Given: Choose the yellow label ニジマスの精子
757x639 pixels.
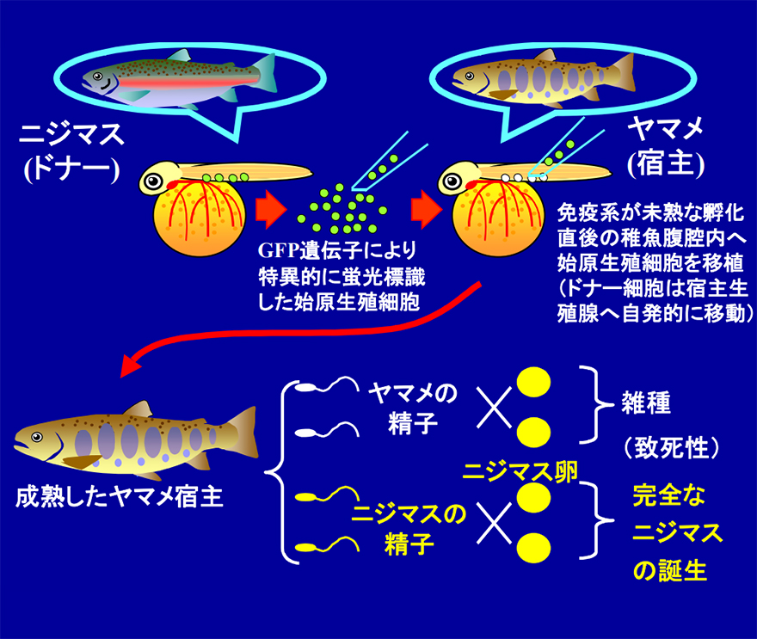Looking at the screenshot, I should point(409,529).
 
